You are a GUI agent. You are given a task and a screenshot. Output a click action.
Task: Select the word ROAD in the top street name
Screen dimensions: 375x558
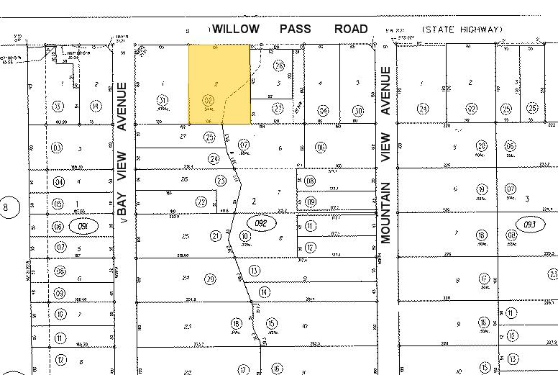click(351, 30)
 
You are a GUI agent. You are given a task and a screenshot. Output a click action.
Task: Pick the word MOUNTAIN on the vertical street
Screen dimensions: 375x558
click(385, 212)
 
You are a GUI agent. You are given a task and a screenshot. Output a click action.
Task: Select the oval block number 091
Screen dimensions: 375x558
click(83, 226)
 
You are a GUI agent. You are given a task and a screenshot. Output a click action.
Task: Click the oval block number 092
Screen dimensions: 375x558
click(261, 223)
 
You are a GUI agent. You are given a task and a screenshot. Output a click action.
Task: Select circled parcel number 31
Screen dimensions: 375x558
click(163, 100)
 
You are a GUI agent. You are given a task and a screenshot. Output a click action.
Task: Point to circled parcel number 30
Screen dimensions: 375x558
click(358, 110)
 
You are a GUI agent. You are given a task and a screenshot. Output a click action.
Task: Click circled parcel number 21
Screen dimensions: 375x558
click(216, 236)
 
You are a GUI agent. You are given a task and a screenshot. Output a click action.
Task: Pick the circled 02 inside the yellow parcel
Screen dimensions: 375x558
click(209, 100)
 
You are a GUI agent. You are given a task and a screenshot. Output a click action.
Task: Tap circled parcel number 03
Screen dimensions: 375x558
click(57, 148)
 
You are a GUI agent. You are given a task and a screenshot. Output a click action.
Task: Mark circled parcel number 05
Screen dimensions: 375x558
click(58, 204)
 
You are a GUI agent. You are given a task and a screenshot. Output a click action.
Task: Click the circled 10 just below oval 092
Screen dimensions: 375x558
click(246, 236)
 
